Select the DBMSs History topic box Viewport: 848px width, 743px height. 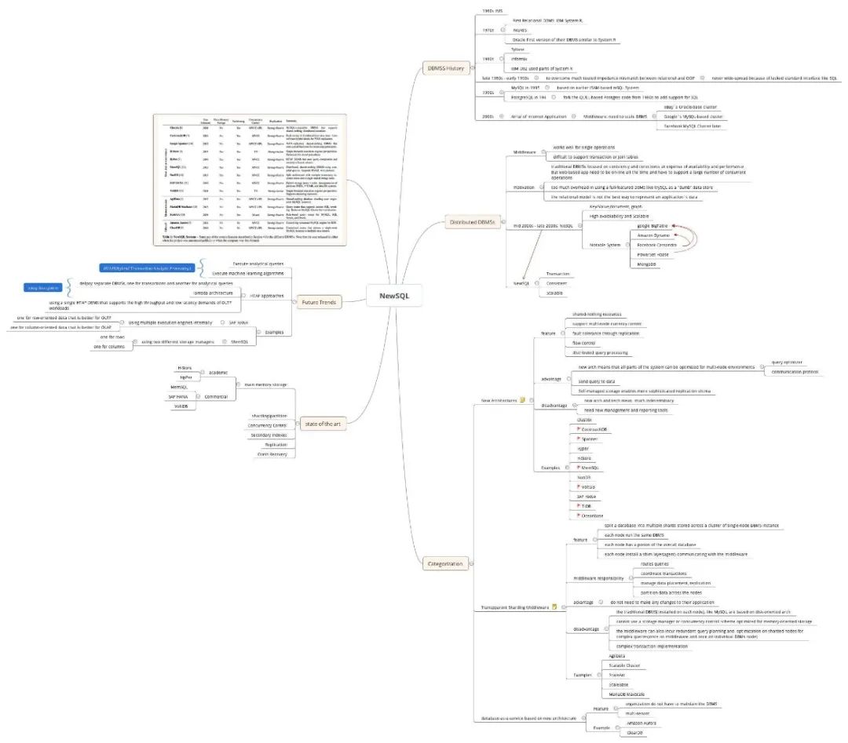click(444, 68)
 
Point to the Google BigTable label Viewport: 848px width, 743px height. click(652, 225)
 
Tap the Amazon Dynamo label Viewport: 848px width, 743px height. click(654, 235)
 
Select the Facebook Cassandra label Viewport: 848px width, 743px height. click(657, 245)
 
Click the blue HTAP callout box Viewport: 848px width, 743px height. click(148, 268)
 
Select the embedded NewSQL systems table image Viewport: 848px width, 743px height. click(249, 178)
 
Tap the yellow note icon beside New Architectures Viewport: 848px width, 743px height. click(522, 400)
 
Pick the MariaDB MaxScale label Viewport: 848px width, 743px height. click(627, 694)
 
